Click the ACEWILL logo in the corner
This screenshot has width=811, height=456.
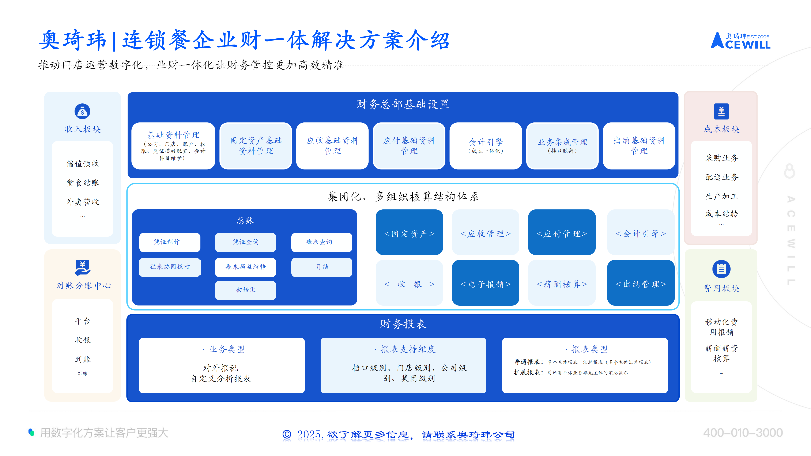(x=740, y=41)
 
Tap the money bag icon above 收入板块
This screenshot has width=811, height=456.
(x=83, y=111)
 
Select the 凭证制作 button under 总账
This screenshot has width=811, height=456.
(x=170, y=242)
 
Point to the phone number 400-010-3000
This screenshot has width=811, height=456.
(x=743, y=433)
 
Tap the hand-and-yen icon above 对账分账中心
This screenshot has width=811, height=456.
(x=83, y=267)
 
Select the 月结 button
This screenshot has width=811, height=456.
(x=321, y=267)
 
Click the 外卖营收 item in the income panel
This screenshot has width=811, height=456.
(x=83, y=202)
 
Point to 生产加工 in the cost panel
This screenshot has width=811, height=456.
(x=721, y=196)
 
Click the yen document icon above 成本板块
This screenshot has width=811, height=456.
(x=721, y=111)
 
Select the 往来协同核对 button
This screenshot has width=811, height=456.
(x=170, y=267)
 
